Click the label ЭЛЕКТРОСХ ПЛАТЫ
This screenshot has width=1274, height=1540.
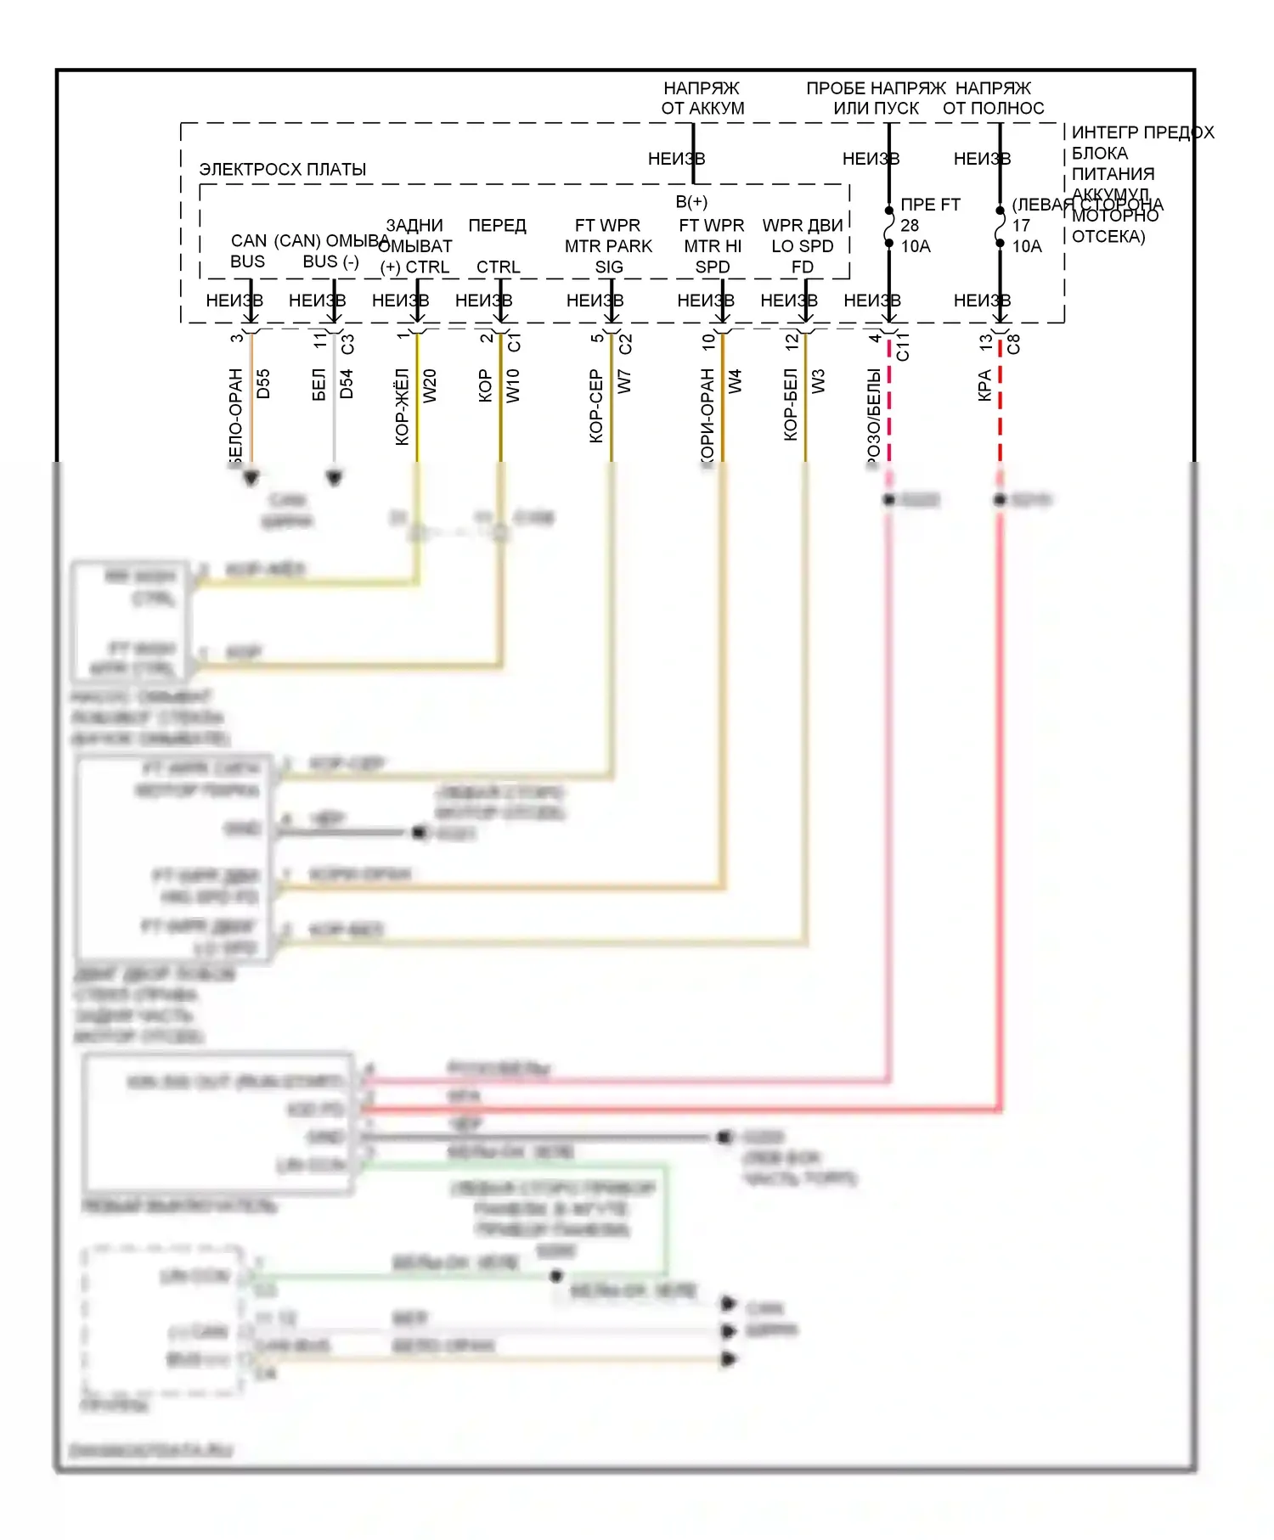tap(282, 169)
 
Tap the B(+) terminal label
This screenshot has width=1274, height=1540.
tap(691, 201)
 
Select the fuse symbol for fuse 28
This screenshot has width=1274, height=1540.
tap(888, 227)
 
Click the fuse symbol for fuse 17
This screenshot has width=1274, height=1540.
tap(1000, 227)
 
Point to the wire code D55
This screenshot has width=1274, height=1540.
tap(263, 384)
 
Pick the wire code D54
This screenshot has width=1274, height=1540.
tap(347, 384)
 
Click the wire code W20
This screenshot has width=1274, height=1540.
tap(430, 385)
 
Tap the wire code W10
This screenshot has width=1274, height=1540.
tap(513, 385)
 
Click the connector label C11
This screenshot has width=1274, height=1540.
tap(903, 346)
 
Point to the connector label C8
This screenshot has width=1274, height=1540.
tap(1013, 344)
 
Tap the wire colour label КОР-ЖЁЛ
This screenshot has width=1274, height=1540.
tap(403, 407)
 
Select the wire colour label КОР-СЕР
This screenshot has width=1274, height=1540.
tap(596, 406)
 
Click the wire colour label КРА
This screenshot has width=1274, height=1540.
tap(985, 385)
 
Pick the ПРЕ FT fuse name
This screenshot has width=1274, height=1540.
tap(930, 205)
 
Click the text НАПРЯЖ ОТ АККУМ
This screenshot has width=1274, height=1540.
tap(702, 98)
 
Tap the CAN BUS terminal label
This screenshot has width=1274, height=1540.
tap(248, 251)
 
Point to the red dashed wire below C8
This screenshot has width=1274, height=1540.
tap(1000, 407)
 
